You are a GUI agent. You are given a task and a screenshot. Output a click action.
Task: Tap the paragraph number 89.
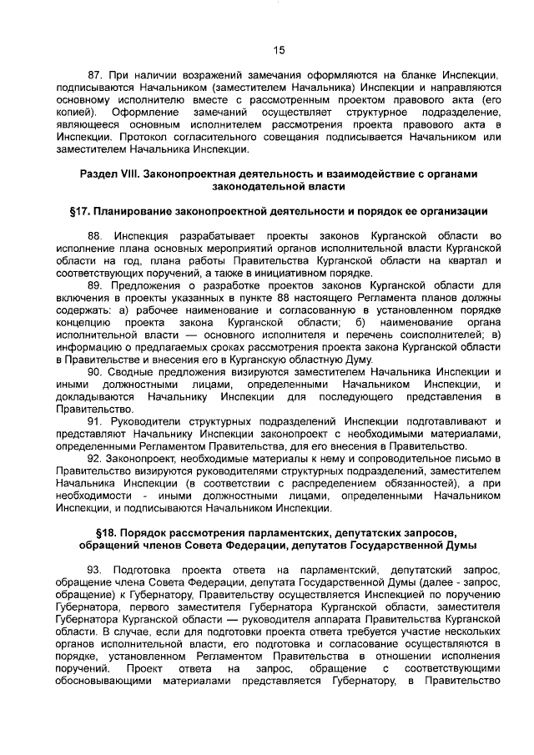coord(95,285)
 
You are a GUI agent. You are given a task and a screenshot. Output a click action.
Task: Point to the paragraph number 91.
coord(95,422)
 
